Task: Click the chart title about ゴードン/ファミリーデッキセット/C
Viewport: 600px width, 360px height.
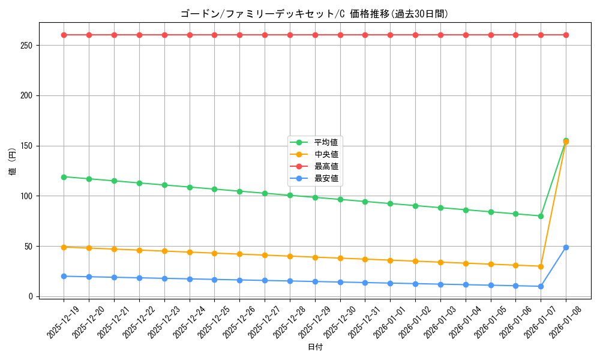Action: coord(314,14)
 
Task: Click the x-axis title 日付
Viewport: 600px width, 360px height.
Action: coord(314,347)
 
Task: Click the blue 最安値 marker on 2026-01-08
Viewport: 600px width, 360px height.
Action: coord(566,247)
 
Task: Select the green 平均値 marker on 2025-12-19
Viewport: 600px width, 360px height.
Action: coord(64,177)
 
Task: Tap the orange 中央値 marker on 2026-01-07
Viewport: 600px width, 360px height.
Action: coord(541,266)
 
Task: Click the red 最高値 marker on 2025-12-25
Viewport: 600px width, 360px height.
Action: coord(215,35)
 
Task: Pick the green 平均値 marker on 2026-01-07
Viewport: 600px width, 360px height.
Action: coord(541,216)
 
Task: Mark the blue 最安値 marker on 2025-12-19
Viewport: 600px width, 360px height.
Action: coord(64,276)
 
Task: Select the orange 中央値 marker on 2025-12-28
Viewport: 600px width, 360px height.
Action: coord(290,256)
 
